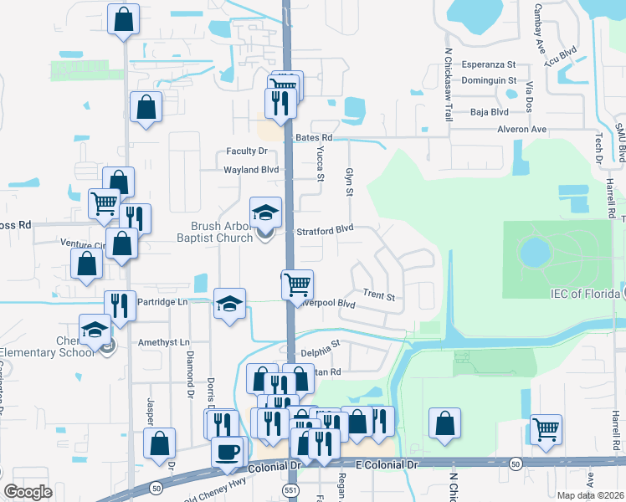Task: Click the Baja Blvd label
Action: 490,111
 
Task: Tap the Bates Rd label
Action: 314,137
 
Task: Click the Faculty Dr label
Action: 246,151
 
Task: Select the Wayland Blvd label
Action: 250,169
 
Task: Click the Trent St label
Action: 378,295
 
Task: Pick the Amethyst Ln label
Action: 165,342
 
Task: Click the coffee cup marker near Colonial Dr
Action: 226,453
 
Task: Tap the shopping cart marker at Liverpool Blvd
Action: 297,284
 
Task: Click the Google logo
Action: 28,492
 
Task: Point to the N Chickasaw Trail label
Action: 449,85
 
